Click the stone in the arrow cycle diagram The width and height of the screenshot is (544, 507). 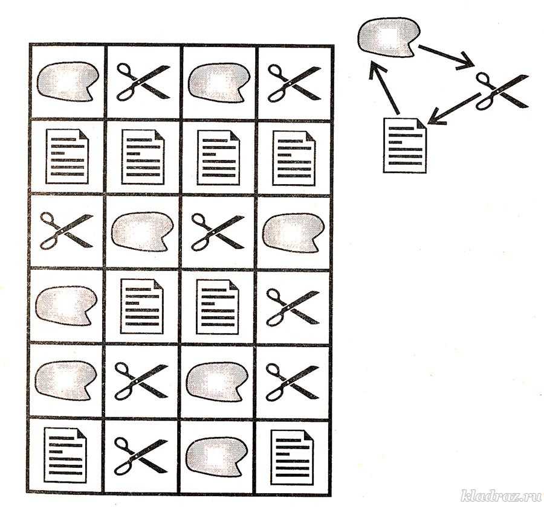point(389,37)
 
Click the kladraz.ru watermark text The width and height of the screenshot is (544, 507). point(500,496)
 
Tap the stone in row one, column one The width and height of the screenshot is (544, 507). point(67,81)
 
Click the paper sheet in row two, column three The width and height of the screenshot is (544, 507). point(218,157)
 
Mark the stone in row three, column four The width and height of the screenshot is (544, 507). point(293,232)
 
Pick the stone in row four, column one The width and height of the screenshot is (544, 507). point(66,306)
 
